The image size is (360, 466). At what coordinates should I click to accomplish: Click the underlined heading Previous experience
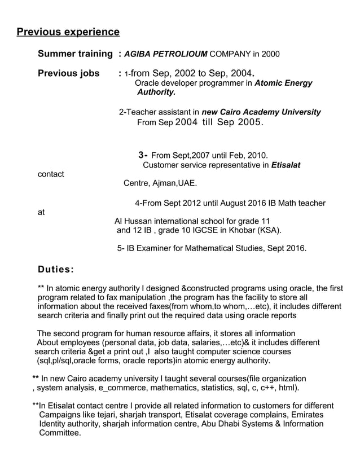coord(68,32)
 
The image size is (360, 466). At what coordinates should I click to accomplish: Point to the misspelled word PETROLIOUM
coord(179,55)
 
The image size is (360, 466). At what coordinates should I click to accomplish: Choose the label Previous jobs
coord(68,73)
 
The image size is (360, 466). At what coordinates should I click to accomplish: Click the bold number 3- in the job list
coord(143,155)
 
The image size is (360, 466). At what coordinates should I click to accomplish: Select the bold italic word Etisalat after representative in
coord(286,165)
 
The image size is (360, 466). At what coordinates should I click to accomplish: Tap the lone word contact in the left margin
coord(51,174)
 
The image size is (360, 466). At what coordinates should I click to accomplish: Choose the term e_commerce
coord(121,388)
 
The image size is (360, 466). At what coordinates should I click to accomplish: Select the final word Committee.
coord(59,433)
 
